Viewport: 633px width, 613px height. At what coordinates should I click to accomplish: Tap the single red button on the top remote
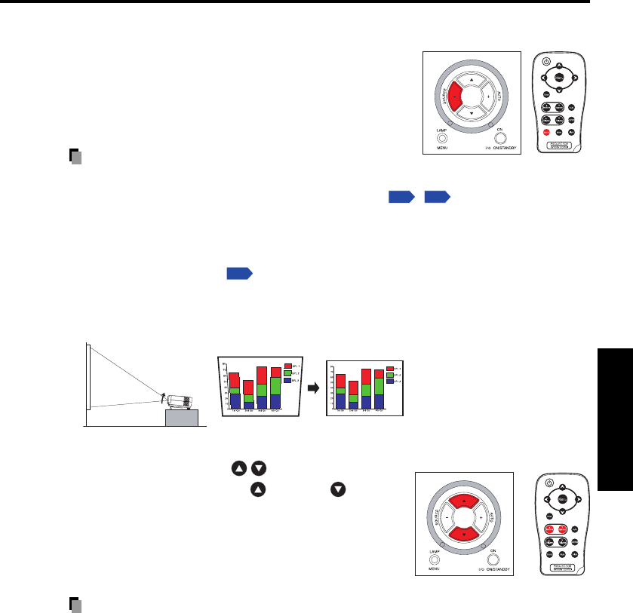(545, 132)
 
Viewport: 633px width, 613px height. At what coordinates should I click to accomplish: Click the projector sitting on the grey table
(179, 400)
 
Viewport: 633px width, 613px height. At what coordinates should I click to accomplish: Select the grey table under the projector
(181, 417)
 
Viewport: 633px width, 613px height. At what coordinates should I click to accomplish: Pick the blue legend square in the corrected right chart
(389, 381)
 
